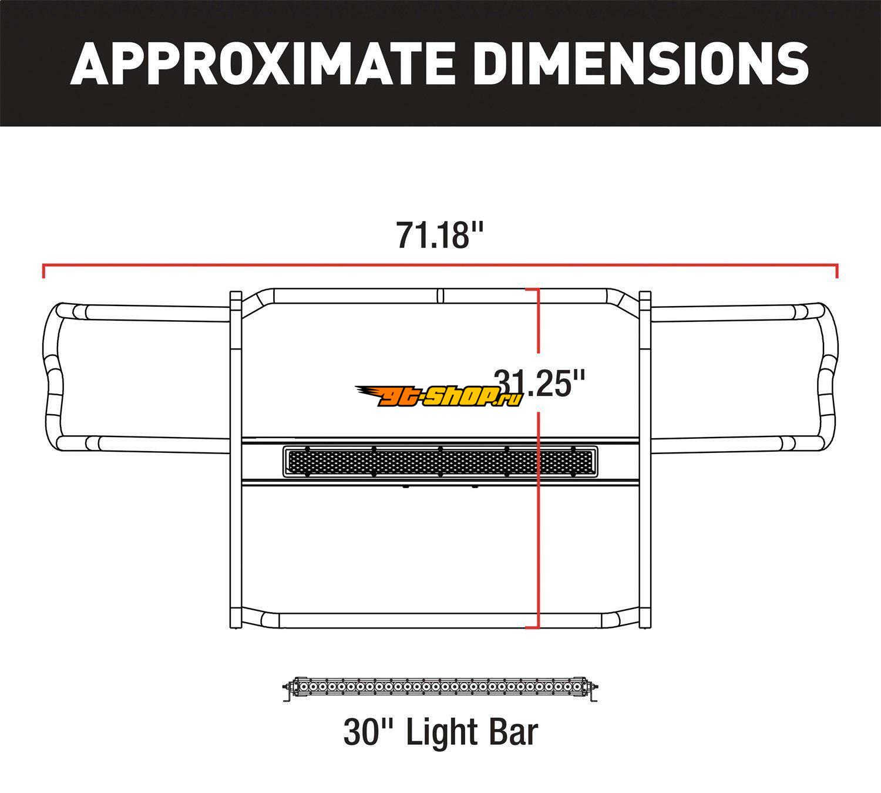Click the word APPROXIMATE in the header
pos(262,63)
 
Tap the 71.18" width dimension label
pos(440,236)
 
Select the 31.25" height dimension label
pos(540,383)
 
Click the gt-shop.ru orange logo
pos(439,396)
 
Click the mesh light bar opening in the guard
pos(440,462)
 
